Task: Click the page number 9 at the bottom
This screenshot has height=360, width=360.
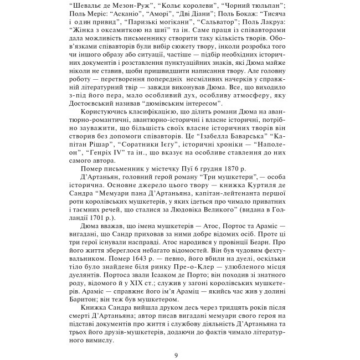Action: point(176,355)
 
